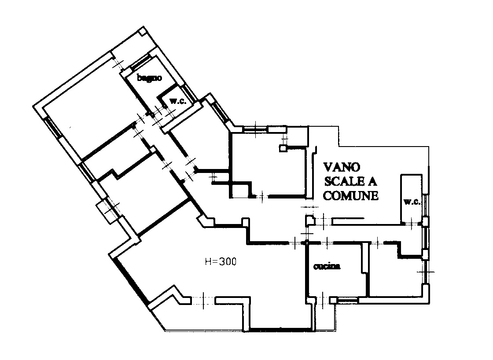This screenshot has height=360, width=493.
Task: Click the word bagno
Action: [149, 77]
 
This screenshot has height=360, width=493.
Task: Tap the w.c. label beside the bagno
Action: [178, 101]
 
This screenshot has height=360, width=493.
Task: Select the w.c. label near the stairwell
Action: [412, 202]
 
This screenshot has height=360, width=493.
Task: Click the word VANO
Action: [342, 167]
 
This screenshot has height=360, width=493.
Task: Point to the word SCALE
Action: [344, 181]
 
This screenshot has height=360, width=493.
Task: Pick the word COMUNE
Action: [350, 195]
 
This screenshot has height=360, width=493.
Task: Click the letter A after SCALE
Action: [372, 181]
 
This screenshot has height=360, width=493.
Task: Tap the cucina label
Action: [327, 266]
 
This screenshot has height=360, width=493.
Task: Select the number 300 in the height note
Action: [227, 261]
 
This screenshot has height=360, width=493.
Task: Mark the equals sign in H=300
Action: [215, 261]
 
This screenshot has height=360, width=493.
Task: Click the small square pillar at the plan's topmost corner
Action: [143, 31]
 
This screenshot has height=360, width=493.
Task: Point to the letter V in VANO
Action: [328, 167]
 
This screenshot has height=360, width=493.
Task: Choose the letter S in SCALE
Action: [327, 181]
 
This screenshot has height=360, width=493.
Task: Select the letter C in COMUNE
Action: [327, 195]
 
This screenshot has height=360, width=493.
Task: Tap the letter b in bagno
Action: [139, 77]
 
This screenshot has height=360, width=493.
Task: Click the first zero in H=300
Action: [227, 261]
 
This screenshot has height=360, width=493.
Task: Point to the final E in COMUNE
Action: [375, 195]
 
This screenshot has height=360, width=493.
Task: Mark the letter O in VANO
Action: [356, 167]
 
